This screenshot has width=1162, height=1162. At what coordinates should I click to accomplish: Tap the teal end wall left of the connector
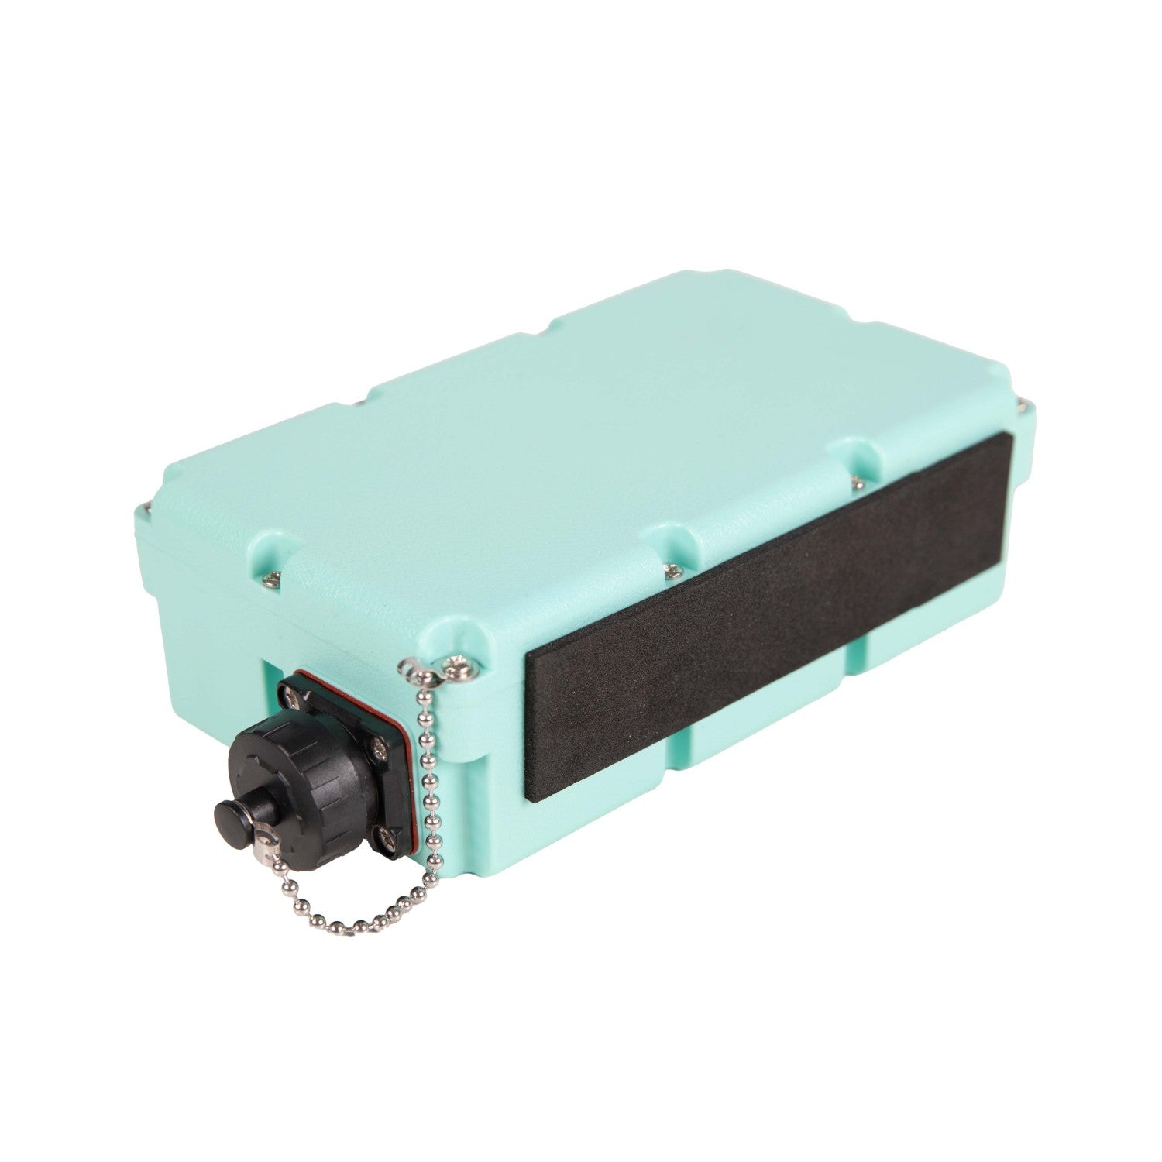point(209,620)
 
